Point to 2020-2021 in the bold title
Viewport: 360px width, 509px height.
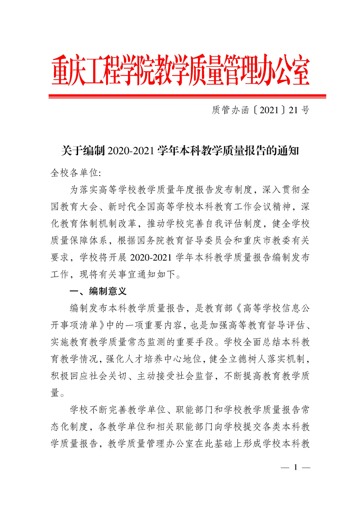coord(131,151)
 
